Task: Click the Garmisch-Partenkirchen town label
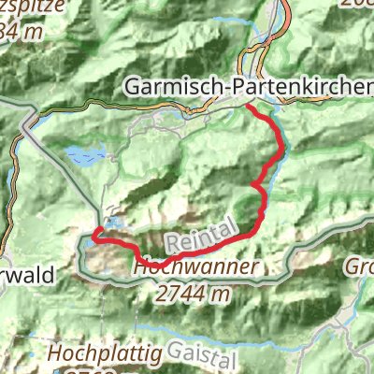(248, 86)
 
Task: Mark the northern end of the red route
(248, 108)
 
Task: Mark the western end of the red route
(93, 239)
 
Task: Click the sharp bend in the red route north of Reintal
(253, 187)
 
